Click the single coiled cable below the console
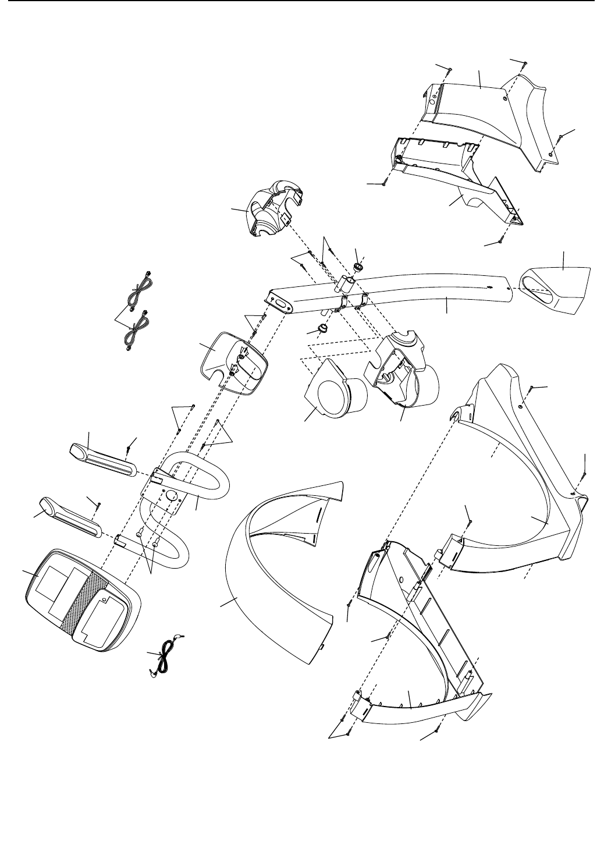click(x=166, y=658)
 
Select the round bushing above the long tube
click(x=358, y=267)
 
